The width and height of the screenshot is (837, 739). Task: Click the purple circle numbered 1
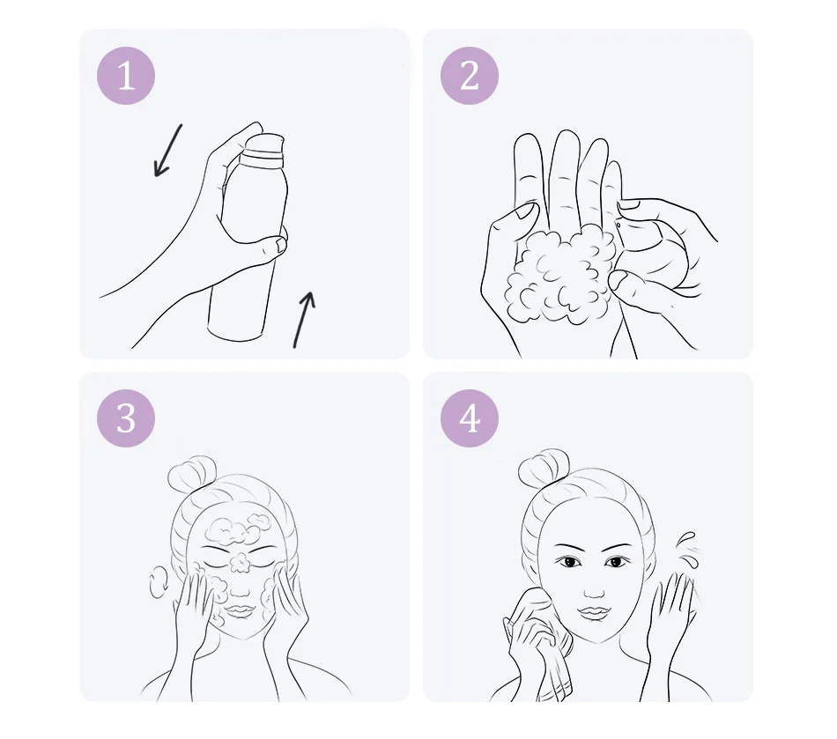126,75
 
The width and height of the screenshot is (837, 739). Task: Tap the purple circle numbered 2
470,75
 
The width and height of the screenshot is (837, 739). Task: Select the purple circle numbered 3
126,418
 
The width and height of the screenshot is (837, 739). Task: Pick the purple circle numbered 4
470,418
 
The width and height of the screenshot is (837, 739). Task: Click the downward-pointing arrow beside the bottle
167,151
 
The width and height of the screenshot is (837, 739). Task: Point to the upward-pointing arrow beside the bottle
304,319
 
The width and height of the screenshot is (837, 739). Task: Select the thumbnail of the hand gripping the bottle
278,244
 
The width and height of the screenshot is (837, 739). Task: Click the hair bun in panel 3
191,473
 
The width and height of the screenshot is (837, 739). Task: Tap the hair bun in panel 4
543,467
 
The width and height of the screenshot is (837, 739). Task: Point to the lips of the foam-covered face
239,610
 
